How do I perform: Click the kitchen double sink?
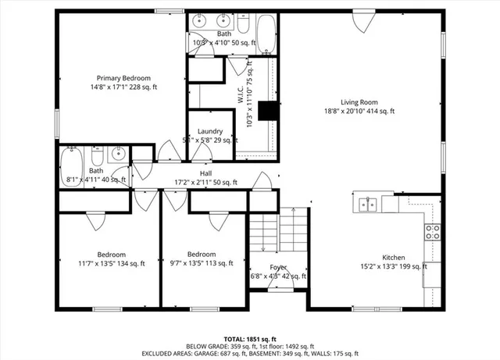coord(369,205)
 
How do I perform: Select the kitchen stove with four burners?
coord(432,231)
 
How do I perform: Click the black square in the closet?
coord(269,112)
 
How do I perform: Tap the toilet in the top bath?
coord(243,27)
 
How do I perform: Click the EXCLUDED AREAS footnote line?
coord(249,354)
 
